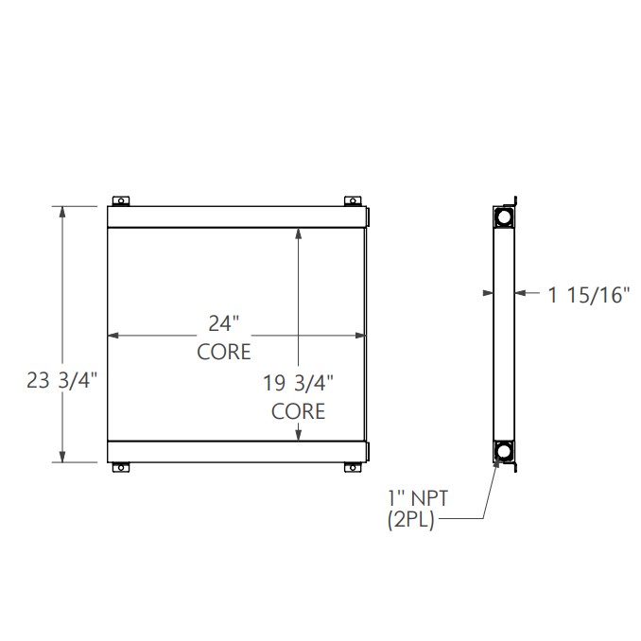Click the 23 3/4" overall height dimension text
click(x=62, y=382)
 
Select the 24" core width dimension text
click(x=224, y=323)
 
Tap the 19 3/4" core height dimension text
click(x=299, y=384)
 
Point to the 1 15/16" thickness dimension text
click(x=588, y=295)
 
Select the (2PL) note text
click(x=409, y=520)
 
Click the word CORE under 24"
click(x=224, y=352)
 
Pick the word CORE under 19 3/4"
click(x=299, y=411)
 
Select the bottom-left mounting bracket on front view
click(x=121, y=466)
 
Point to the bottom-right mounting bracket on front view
click(x=352, y=466)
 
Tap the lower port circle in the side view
click(x=501, y=451)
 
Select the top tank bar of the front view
click(x=236, y=217)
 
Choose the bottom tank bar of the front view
click(x=236, y=451)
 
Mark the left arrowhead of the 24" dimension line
click(x=113, y=335)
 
